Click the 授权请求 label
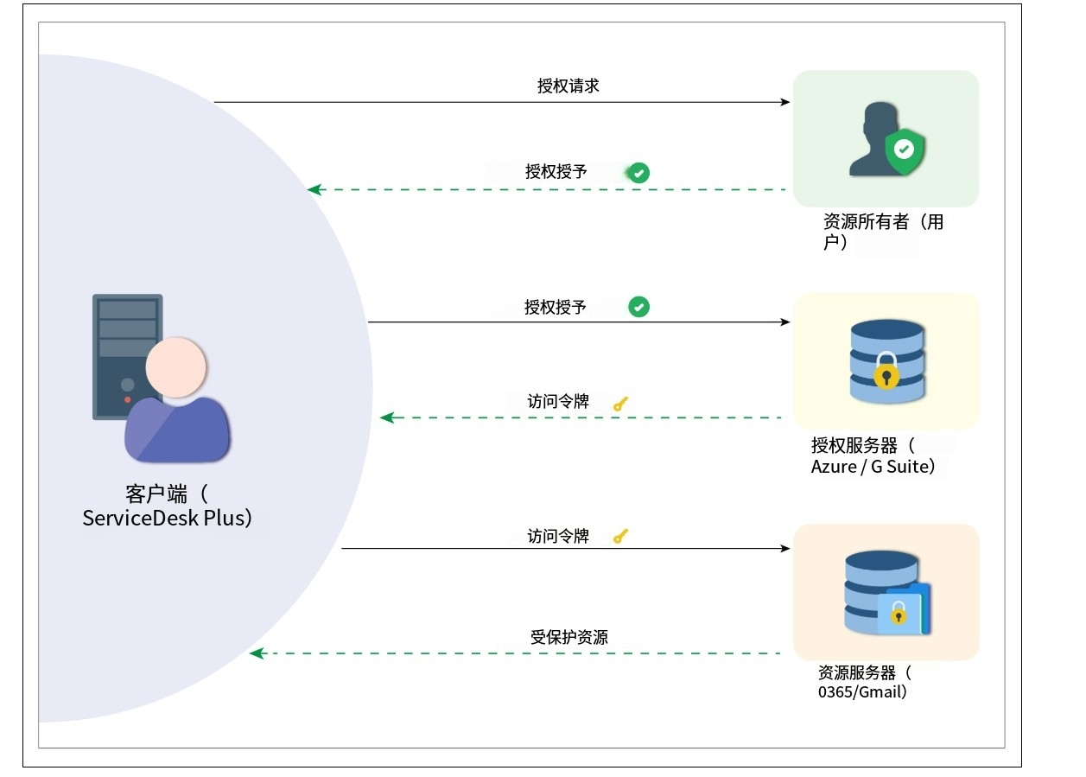click(568, 86)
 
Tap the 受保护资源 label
click(568, 637)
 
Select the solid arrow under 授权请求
click(501, 102)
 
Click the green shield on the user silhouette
click(904, 151)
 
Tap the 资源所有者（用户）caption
click(883, 232)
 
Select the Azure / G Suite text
click(873, 467)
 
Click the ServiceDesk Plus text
click(167, 518)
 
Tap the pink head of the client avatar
click(175, 366)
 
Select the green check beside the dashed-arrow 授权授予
click(638, 173)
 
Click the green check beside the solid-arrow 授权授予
click(638, 307)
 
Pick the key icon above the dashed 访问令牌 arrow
click(620, 403)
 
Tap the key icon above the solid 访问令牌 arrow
click(620, 537)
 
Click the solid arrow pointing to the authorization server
click(579, 322)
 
